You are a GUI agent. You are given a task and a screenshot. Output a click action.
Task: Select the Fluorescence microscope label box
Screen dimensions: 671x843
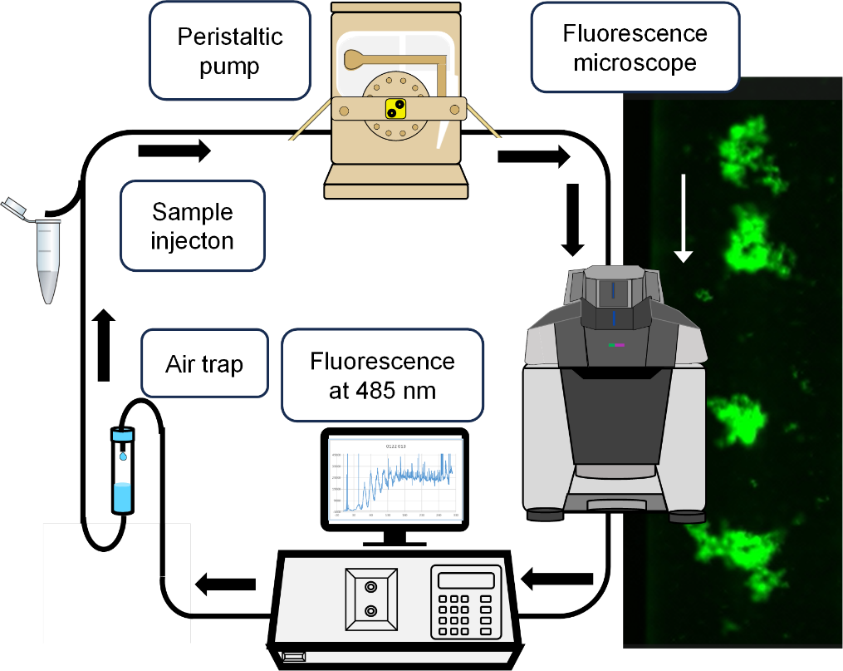pyautogui.click(x=635, y=47)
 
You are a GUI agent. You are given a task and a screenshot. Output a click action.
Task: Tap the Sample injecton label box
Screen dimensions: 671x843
pyautogui.click(x=192, y=225)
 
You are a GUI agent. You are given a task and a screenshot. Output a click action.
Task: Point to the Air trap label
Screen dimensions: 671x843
pyautogui.click(x=205, y=364)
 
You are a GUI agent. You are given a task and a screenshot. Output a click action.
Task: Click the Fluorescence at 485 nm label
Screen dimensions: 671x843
pyautogui.click(x=382, y=375)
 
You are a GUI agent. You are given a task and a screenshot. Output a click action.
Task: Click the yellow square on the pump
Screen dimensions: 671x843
pyautogui.click(x=395, y=109)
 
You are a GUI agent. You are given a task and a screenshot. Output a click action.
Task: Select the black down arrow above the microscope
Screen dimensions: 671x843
pyautogui.click(x=572, y=220)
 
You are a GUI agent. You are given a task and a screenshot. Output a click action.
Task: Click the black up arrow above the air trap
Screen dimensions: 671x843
pyautogui.click(x=103, y=344)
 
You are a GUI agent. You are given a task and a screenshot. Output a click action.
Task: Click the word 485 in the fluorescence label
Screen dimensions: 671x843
pyautogui.click(x=382, y=389)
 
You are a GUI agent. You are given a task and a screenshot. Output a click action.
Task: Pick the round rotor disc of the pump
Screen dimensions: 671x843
pyautogui.click(x=395, y=109)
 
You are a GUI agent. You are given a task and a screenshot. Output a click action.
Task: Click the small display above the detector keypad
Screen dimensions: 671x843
pyautogui.click(x=465, y=580)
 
